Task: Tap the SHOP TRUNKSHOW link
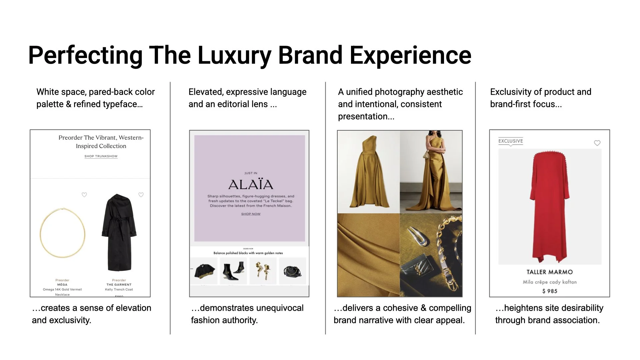(x=101, y=156)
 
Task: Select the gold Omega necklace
(x=62, y=233)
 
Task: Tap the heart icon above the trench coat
(x=141, y=195)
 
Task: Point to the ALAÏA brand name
(x=251, y=185)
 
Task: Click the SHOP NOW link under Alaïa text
(x=251, y=214)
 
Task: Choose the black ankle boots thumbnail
(x=233, y=271)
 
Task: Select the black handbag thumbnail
(x=292, y=271)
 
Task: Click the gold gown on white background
(x=369, y=172)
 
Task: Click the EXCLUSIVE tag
(x=510, y=141)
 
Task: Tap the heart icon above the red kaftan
(x=597, y=143)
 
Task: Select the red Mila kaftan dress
(x=549, y=207)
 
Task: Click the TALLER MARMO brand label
(x=549, y=272)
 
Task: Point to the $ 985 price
(x=549, y=291)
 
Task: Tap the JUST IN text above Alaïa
(x=251, y=173)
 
